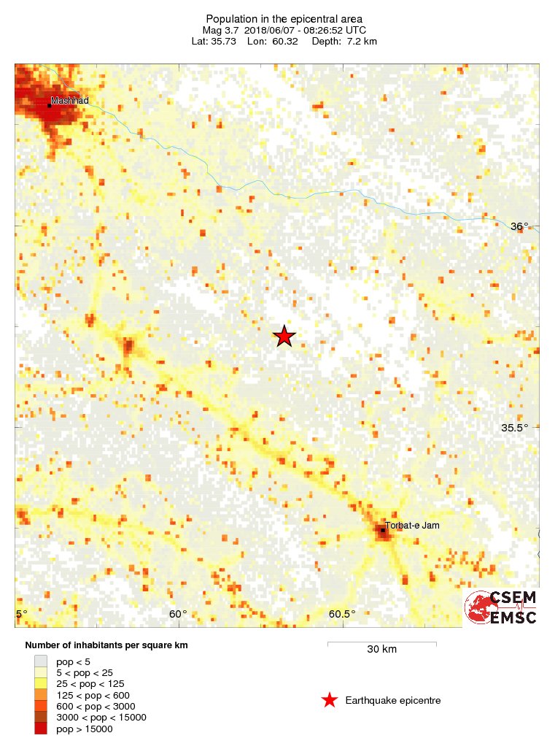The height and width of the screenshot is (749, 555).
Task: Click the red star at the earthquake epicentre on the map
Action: click(284, 336)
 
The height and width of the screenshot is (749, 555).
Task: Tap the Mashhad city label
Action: click(69, 100)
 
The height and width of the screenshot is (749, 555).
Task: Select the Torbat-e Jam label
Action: click(412, 525)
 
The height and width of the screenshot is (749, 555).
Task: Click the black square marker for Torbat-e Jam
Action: click(383, 530)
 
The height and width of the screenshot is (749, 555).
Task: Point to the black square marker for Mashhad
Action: click(50, 106)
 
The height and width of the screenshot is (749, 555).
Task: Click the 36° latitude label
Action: click(519, 226)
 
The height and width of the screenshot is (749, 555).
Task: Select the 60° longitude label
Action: click(178, 614)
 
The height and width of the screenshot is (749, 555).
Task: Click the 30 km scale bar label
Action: click(381, 650)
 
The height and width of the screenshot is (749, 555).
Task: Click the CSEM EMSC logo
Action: click(502, 607)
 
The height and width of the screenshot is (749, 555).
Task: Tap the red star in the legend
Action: click(330, 701)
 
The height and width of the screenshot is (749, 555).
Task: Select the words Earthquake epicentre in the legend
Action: click(394, 701)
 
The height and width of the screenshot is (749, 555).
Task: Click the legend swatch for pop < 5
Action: click(41, 661)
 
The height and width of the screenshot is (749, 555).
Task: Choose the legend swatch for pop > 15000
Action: click(41, 729)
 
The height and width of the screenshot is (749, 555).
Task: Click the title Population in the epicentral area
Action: click(284, 18)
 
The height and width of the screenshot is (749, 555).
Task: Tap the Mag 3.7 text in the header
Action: click(220, 30)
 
